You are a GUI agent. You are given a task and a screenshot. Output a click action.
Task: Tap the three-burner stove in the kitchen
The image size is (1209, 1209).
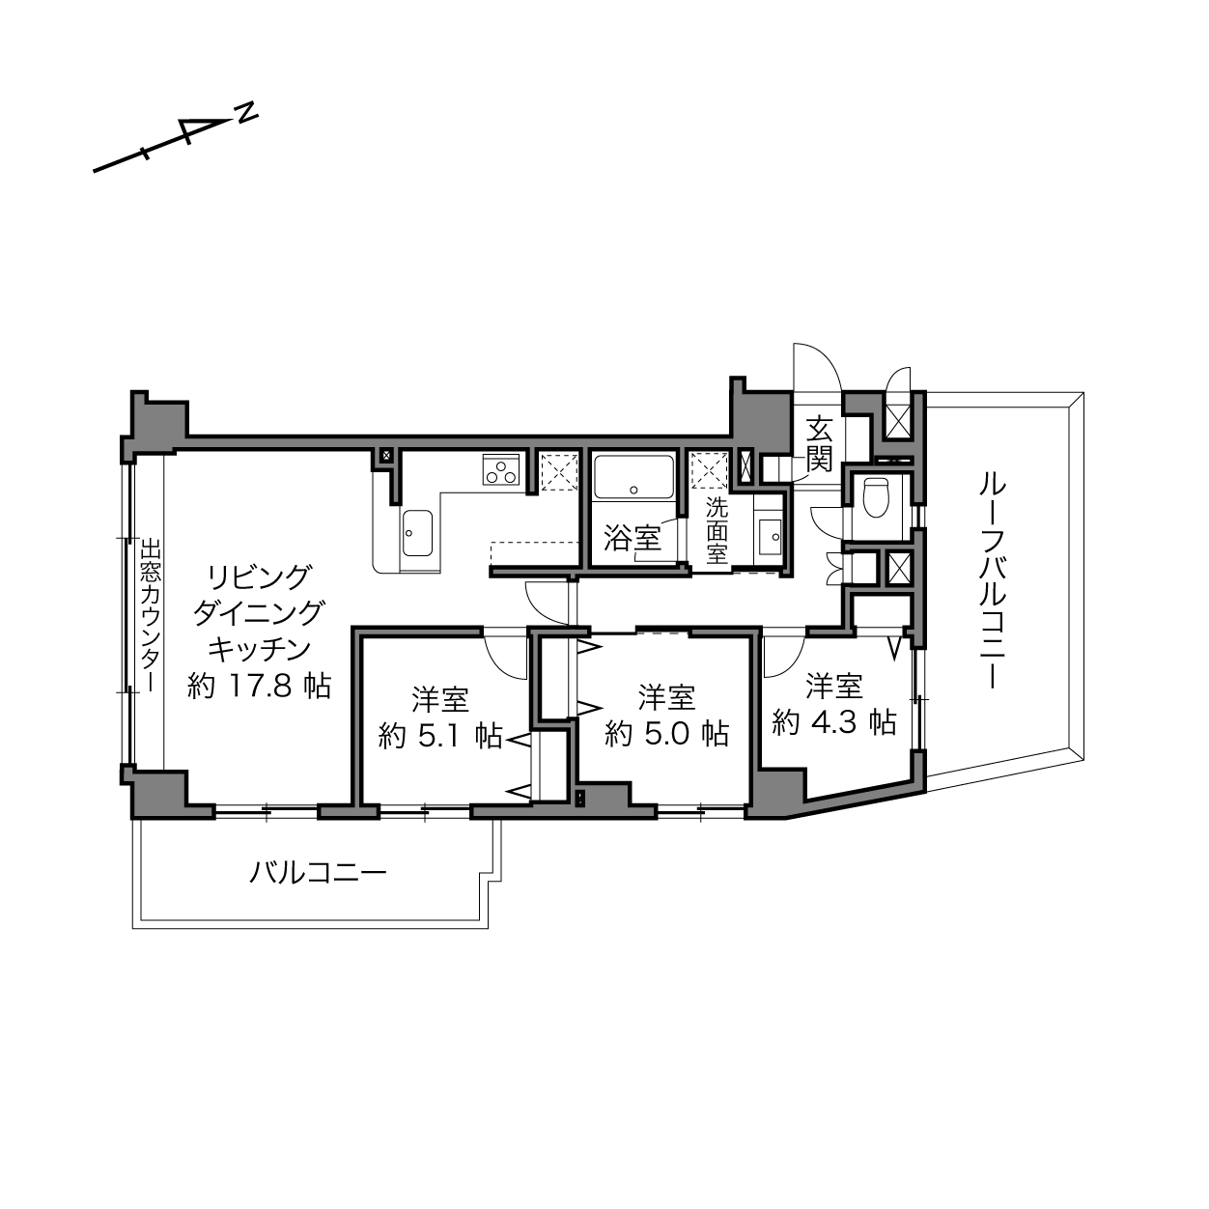coord(501,469)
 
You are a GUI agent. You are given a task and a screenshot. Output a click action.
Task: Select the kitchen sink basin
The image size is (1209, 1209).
coord(417,533)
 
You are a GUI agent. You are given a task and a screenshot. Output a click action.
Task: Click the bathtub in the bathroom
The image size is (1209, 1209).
coord(633,477)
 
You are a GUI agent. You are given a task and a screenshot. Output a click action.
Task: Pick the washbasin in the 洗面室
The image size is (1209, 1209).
coord(770,537)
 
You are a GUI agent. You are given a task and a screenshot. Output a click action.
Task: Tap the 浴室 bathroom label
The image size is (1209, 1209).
coord(633,538)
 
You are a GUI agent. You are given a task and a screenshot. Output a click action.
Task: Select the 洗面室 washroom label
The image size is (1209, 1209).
coord(717,531)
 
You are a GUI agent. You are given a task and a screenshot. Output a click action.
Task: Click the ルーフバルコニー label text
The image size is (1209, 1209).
coord(992,581)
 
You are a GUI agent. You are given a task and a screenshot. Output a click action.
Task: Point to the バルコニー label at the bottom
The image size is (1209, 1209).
coord(318,872)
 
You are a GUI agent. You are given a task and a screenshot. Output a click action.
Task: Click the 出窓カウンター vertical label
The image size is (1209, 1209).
coord(150,615)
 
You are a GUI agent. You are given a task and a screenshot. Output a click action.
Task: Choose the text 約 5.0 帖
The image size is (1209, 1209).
coord(667,733)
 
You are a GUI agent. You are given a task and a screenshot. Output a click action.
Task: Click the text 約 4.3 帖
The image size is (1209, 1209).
coord(834,721)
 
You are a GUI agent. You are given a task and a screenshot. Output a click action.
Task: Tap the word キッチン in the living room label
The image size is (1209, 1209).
coord(260,649)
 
